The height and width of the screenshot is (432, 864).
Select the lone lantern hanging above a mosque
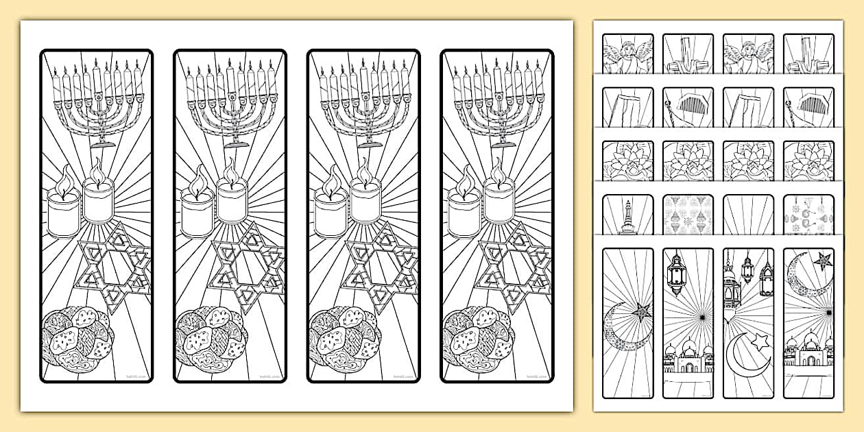click(x=677, y=273)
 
